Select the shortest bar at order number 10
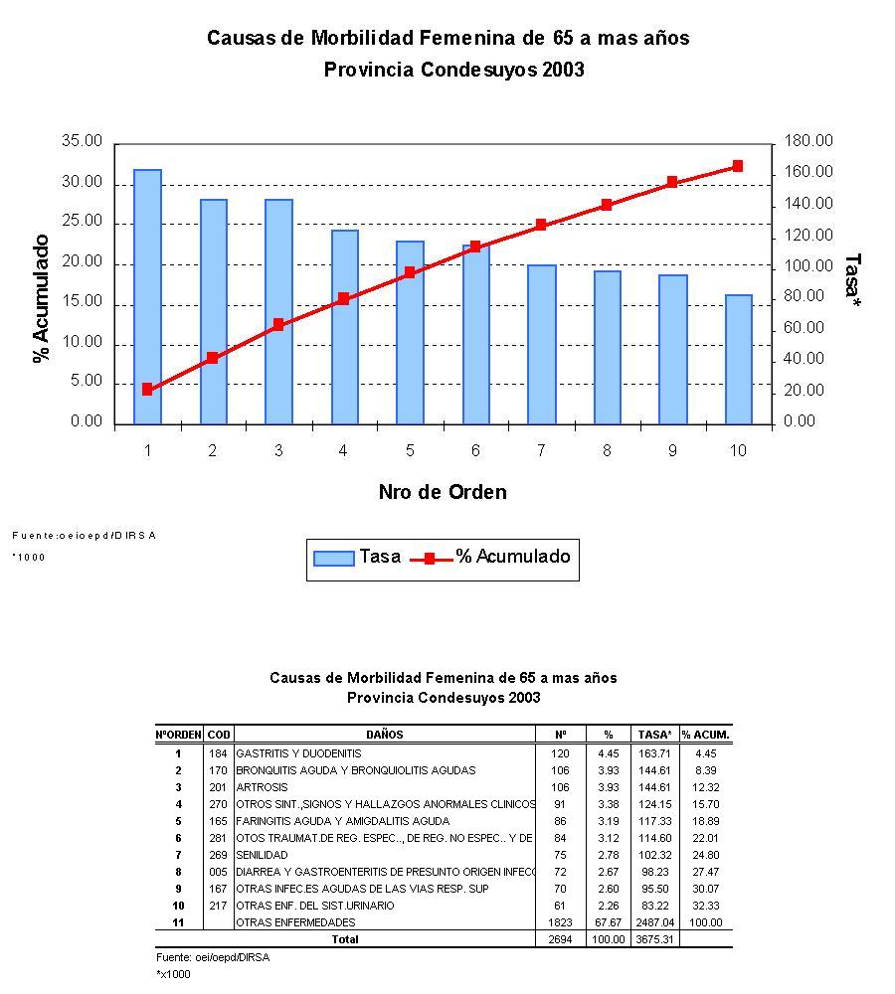(738, 359)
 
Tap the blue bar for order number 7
(541, 344)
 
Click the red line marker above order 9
(672, 182)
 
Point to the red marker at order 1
(147, 390)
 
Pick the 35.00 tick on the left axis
(82, 142)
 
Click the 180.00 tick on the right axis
(808, 142)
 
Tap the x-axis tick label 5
(410, 451)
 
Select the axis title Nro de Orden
(443, 492)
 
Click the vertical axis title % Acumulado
(42, 298)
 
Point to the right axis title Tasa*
(852, 280)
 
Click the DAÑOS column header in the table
(384, 735)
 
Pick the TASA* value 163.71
(654, 753)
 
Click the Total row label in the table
(345, 938)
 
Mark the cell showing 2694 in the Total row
(560, 938)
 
